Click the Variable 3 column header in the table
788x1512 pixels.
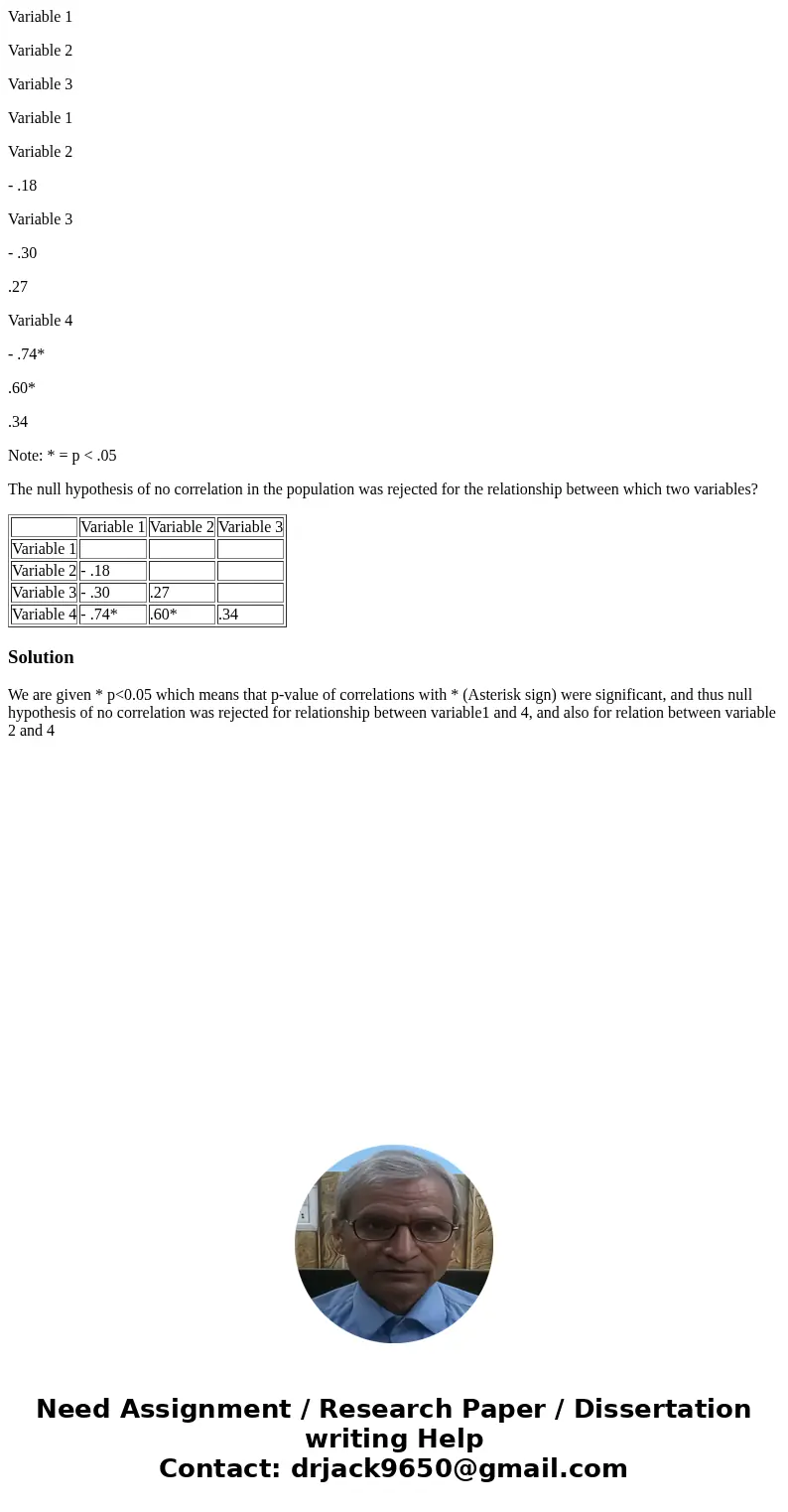[250, 527]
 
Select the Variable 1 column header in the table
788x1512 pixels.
[113, 527]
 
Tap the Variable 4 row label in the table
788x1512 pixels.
[45, 615]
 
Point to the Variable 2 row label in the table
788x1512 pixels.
[45, 571]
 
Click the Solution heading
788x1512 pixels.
[41, 657]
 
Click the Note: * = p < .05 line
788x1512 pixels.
[63, 456]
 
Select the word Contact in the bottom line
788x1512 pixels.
[219, 1469]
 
